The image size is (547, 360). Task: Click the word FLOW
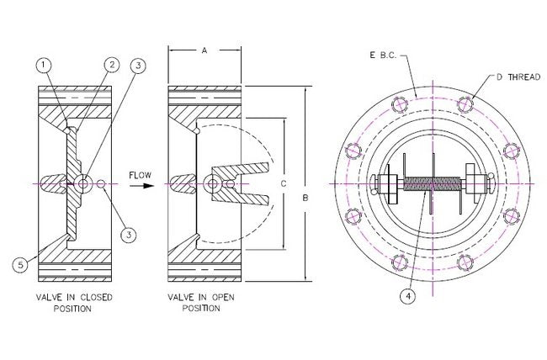point(140,174)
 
